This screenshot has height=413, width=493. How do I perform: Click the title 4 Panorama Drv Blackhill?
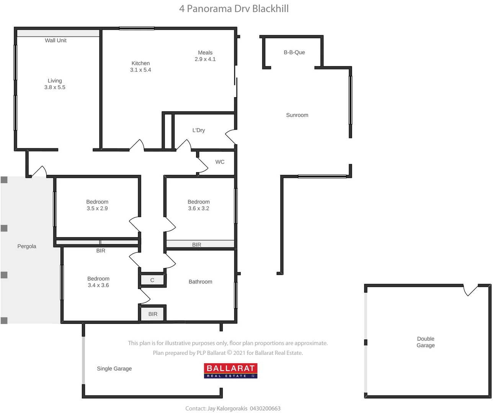click(x=234, y=9)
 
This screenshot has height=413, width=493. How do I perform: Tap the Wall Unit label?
click(x=56, y=41)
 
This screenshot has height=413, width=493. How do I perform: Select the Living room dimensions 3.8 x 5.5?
click(x=55, y=88)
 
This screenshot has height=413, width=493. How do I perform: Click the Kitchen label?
click(x=140, y=63)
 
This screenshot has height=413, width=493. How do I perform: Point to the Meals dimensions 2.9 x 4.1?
click(x=205, y=59)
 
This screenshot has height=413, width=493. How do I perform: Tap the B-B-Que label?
click(x=294, y=52)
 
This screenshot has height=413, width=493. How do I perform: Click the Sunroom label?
click(x=297, y=115)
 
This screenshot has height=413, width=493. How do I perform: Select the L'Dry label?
click(x=199, y=130)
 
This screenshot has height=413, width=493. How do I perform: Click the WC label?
click(x=220, y=162)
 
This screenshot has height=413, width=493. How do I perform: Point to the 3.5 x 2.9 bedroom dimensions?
click(x=97, y=209)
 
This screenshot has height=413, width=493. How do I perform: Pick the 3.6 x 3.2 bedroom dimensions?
click(x=199, y=209)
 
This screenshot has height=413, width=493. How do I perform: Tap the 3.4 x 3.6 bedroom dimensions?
click(x=98, y=286)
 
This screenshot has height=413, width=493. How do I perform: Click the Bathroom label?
click(x=200, y=282)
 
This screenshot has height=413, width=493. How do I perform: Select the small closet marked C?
click(x=152, y=280)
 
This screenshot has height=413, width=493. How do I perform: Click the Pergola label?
click(x=27, y=246)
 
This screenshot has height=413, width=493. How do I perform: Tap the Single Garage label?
click(x=114, y=369)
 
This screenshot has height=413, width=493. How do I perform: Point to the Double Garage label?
click(x=426, y=342)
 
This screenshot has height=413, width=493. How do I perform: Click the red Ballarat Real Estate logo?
click(x=230, y=371)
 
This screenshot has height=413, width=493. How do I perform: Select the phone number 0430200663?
click(x=265, y=408)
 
